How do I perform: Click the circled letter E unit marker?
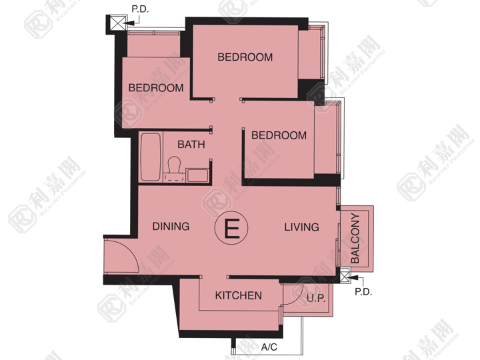[x=231, y=228]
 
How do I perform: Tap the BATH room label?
[x=191, y=145]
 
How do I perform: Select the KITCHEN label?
[x=239, y=295]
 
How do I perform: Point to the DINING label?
[x=171, y=226]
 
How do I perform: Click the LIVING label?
[x=301, y=227]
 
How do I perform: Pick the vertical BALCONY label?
[x=355, y=238]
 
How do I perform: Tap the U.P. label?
[x=315, y=298]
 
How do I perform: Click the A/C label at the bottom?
[x=269, y=347]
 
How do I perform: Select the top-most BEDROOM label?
[x=245, y=57]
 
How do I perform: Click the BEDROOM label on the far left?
[x=156, y=88]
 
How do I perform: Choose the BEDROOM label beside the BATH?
[x=279, y=135]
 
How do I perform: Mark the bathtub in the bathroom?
[x=150, y=157]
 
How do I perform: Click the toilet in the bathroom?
[x=174, y=169]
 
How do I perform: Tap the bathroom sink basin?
[x=198, y=175]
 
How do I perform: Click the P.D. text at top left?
[x=140, y=9]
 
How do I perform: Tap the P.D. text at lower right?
[x=363, y=292]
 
